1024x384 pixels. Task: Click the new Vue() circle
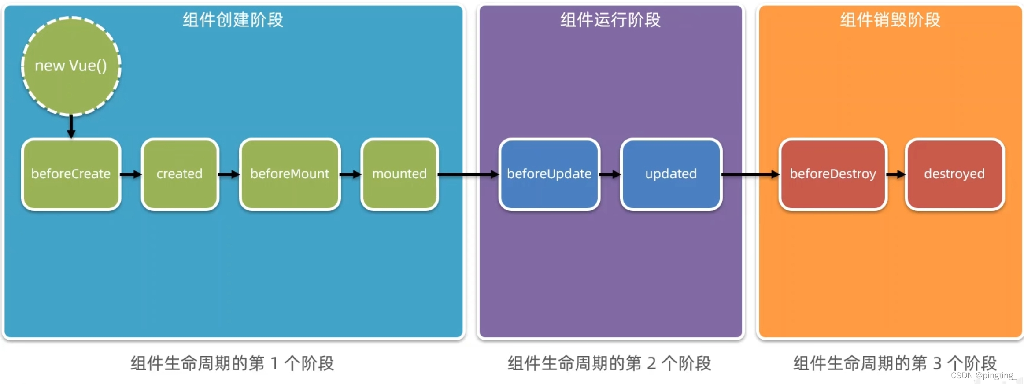point(71,66)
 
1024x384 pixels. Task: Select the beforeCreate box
point(71,174)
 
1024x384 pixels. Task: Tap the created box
point(180,174)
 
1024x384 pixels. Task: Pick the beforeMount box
point(290,174)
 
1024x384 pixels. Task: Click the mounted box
point(399,174)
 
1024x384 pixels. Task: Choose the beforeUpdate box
point(549,174)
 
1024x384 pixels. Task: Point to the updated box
point(671,174)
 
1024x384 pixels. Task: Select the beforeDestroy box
point(833,174)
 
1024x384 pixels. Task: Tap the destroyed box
point(954,174)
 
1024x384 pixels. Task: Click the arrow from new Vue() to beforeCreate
point(71,127)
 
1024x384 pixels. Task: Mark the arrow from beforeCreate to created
point(131,175)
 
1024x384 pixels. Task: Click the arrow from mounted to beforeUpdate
point(468,175)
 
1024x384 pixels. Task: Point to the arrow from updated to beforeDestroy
point(750,175)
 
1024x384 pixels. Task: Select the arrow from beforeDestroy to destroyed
point(896,175)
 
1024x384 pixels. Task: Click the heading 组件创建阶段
point(233,20)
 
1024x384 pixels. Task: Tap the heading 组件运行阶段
point(610,20)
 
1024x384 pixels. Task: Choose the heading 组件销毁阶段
point(890,20)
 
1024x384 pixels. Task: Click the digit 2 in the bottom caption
point(651,364)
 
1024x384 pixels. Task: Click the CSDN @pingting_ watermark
point(983,375)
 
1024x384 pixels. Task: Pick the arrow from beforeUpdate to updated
point(610,175)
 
